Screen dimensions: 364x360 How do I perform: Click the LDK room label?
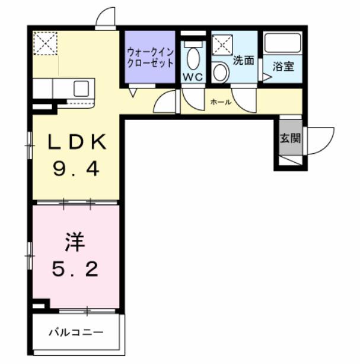point(77,143)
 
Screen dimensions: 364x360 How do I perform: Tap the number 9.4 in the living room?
point(77,170)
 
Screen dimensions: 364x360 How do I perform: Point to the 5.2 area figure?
point(75,270)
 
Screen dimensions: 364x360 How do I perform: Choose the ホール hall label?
point(221,102)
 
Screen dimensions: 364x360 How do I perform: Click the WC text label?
point(192,77)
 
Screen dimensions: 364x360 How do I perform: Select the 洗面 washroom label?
point(243,61)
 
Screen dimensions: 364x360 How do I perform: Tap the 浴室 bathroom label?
point(283,66)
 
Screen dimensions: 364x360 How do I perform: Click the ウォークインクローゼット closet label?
point(149,58)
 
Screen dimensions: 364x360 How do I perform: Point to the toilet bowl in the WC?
point(192,58)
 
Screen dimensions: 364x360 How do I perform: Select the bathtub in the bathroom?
point(283,44)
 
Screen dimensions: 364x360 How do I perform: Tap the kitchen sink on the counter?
point(81,90)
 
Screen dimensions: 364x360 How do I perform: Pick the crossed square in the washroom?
point(222,45)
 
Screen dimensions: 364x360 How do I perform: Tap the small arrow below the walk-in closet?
point(133,92)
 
